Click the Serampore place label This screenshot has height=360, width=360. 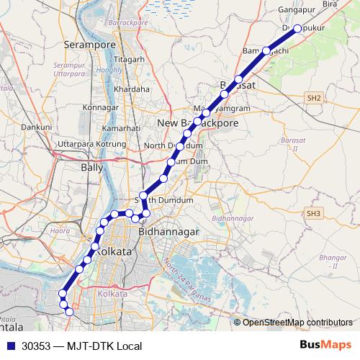pyautogui.click(x=90, y=45)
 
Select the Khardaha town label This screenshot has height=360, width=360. pyautogui.click(x=132, y=89)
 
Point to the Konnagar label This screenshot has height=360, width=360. pyautogui.click(x=101, y=107)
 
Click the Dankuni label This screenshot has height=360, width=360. pyautogui.click(x=36, y=127)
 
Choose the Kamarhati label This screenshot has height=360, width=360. pyautogui.click(x=121, y=127)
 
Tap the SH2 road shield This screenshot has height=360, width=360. pyautogui.click(x=312, y=97)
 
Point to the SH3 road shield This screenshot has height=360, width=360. pyautogui.click(x=312, y=213)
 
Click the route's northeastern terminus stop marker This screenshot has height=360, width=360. pyautogui.click(x=297, y=29)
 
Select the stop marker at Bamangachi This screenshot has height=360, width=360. pyautogui.click(x=266, y=50)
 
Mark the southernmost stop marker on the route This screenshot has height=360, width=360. pyautogui.click(x=69, y=312)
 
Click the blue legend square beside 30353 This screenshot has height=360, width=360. pyautogui.click(x=10, y=346)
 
